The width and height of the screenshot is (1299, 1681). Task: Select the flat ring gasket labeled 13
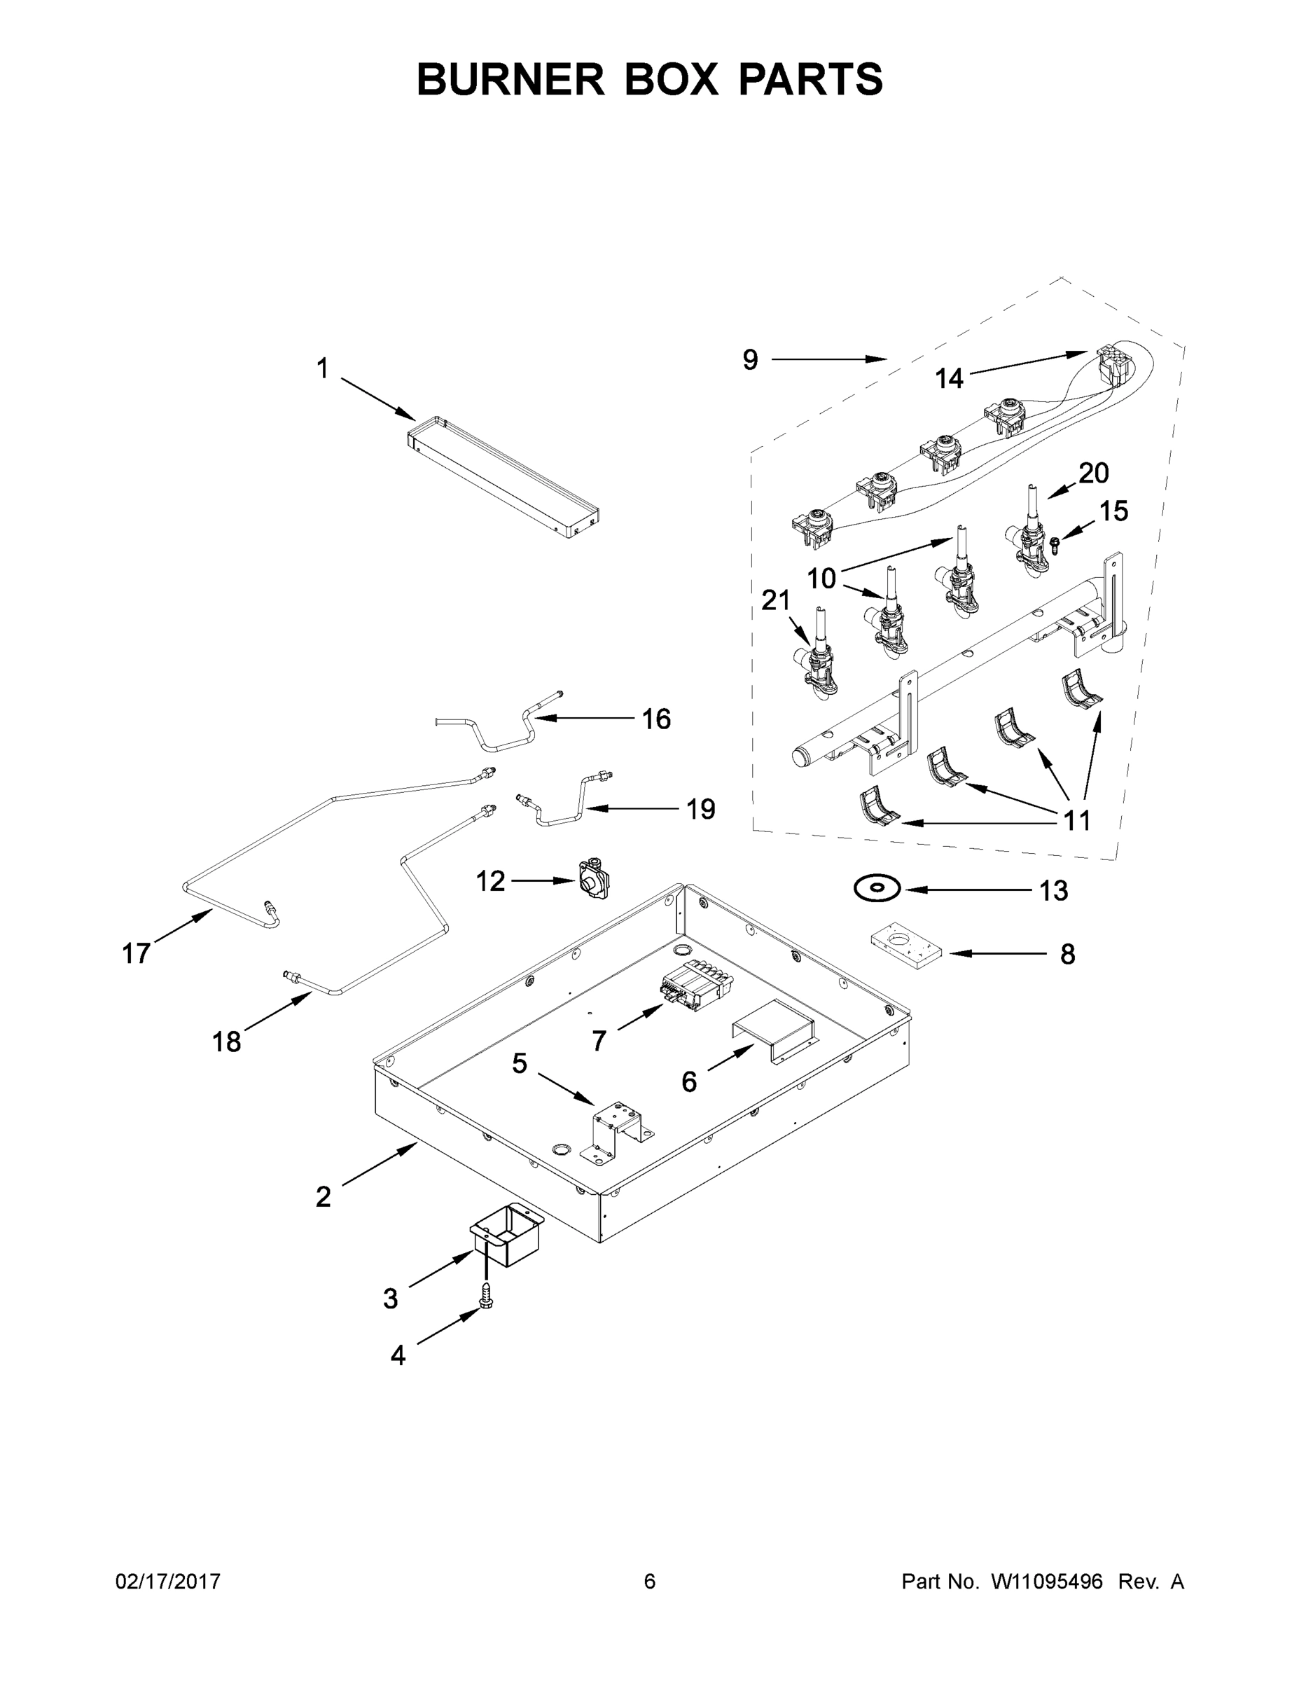[x=876, y=888]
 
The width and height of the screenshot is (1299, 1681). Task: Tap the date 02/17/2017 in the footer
[x=168, y=1581]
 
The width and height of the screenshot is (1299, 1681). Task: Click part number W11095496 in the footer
[x=1047, y=1581]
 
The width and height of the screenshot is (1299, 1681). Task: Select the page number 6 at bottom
[x=650, y=1581]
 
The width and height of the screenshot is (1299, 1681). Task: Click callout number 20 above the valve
[x=1092, y=473]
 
